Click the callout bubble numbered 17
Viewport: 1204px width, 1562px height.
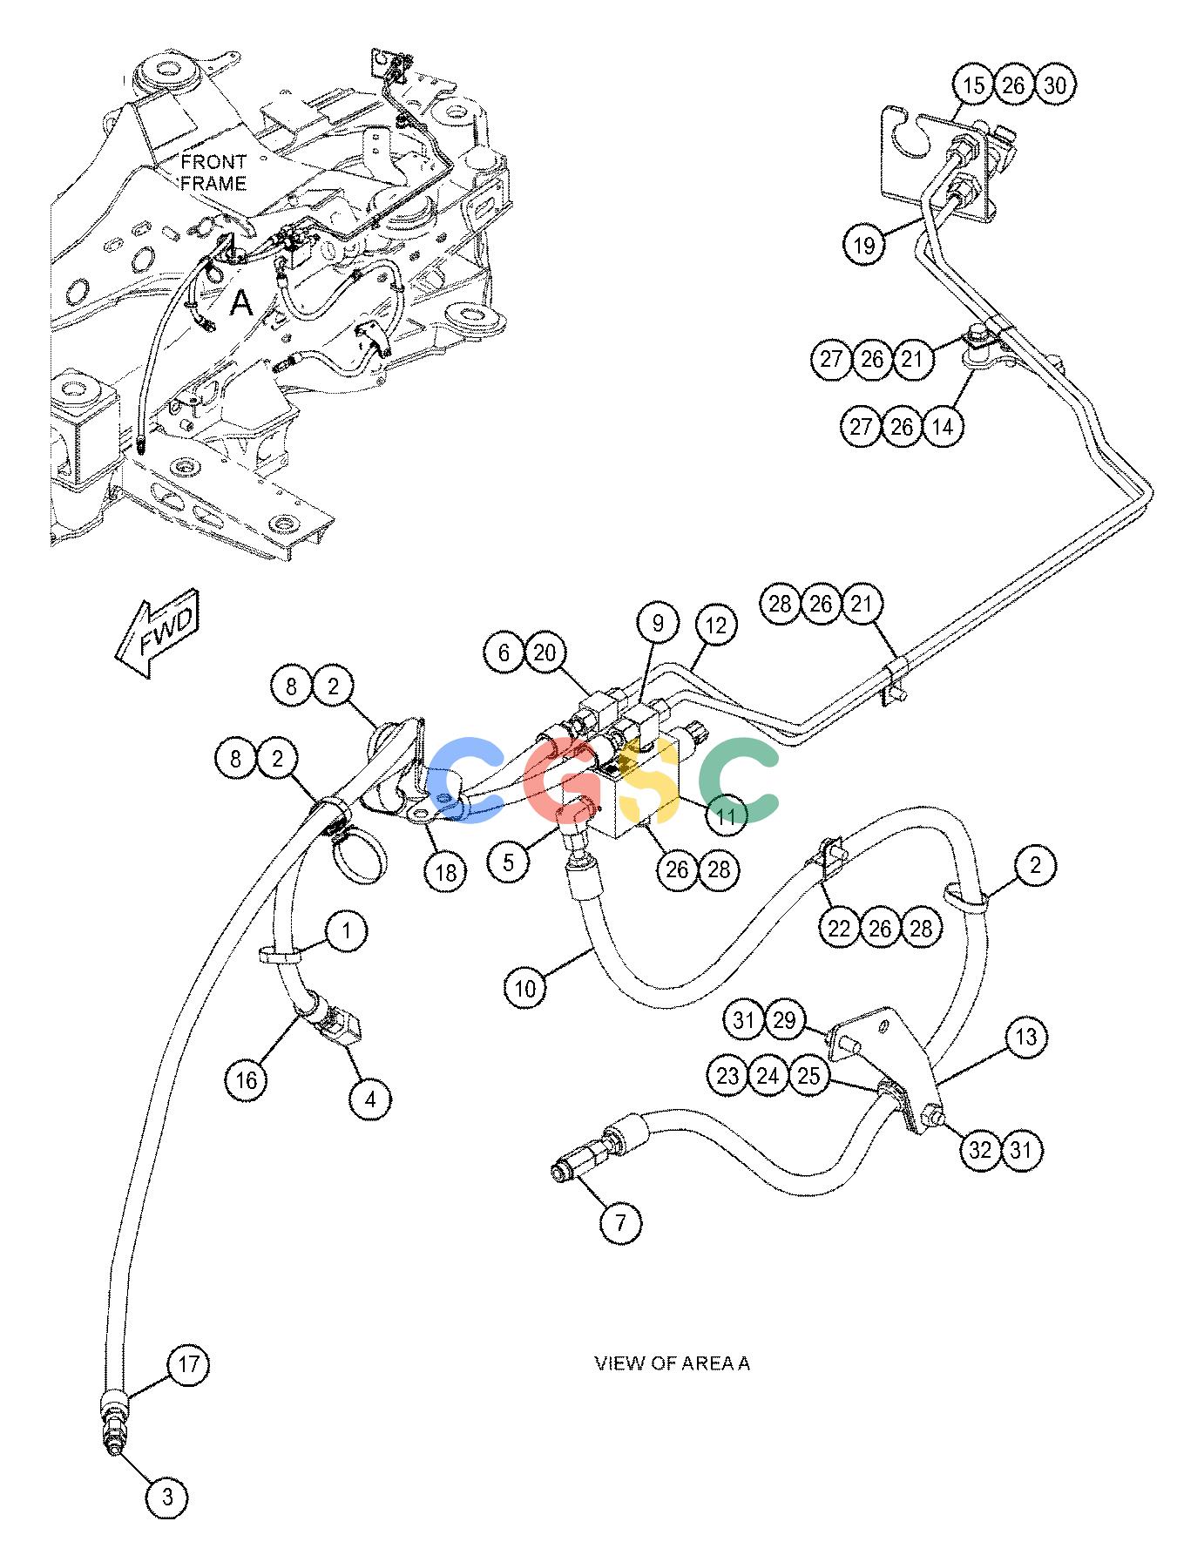coord(189,1363)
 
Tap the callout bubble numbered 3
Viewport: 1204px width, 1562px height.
coord(168,1498)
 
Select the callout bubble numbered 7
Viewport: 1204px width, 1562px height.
coord(621,1223)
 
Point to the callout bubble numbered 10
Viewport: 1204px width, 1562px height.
coord(525,988)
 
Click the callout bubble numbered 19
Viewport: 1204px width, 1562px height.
coord(863,245)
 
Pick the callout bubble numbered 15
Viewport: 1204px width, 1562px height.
coord(973,85)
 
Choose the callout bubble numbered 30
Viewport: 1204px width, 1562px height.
coord(1055,85)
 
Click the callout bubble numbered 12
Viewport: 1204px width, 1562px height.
coord(715,625)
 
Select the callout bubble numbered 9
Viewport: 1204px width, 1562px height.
coord(658,623)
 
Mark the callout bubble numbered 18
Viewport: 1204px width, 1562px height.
coord(445,872)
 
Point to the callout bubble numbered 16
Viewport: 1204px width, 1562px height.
coord(247,1080)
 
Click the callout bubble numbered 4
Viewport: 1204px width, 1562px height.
coord(370,1099)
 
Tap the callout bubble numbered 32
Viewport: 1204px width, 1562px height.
coord(981,1150)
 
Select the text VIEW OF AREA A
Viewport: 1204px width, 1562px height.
coord(672,1363)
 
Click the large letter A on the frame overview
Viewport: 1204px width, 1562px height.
coord(240,303)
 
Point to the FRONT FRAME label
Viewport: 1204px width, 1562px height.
coord(213,172)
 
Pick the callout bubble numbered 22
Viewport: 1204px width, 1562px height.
coord(839,929)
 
